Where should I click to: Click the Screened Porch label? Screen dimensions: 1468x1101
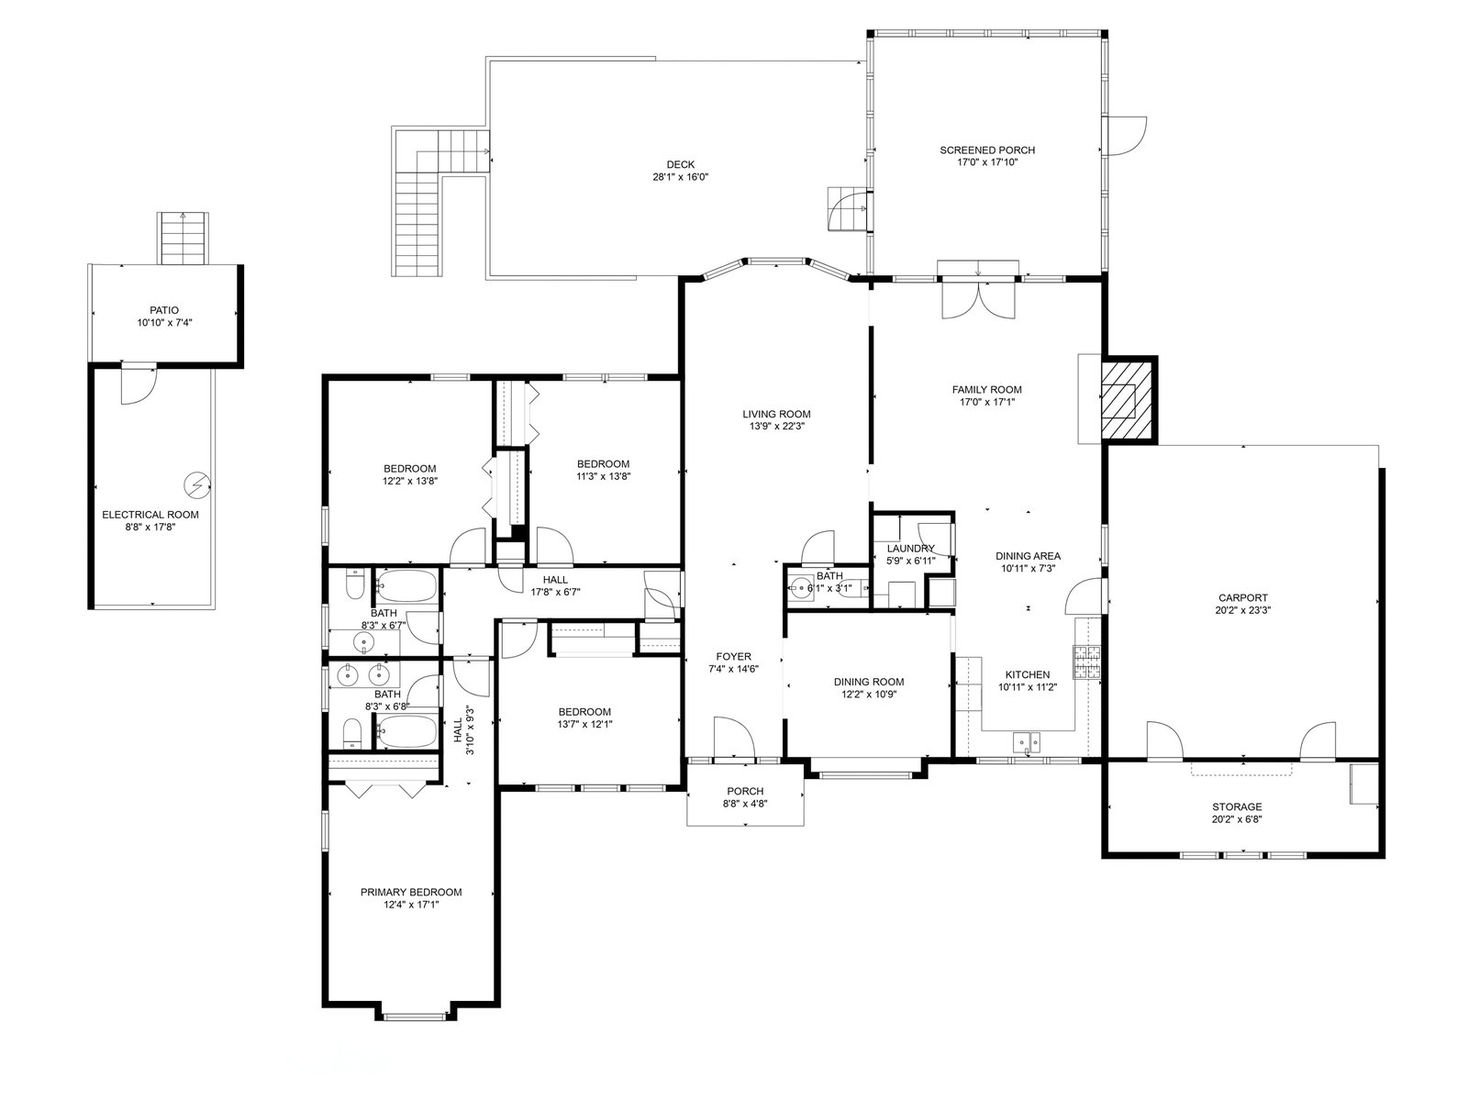tap(986, 150)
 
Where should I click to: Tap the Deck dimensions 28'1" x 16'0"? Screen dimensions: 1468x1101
tap(680, 177)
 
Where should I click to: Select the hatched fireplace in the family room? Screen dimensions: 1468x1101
tap(1128, 400)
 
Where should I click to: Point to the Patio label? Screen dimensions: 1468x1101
tap(164, 310)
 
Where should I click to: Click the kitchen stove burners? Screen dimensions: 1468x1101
tap(1087, 662)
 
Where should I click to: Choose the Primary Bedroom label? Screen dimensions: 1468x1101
tap(411, 893)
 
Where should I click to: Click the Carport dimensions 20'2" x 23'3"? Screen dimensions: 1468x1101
tap(1242, 610)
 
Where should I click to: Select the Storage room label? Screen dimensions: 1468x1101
tap(1237, 806)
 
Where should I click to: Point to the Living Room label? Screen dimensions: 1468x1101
tap(776, 414)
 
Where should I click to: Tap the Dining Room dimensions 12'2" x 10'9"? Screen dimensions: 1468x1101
tap(869, 694)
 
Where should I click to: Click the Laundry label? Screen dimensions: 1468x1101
tap(910, 549)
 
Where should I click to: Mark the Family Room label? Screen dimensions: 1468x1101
tap(986, 389)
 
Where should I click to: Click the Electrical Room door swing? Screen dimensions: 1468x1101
tap(139, 385)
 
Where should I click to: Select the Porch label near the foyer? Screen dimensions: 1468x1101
tap(745, 792)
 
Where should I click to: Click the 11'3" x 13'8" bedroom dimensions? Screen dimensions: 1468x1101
tap(603, 476)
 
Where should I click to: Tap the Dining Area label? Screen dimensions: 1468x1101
tap(1028, 555)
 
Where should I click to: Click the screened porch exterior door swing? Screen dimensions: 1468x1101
tap(1127, 137)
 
